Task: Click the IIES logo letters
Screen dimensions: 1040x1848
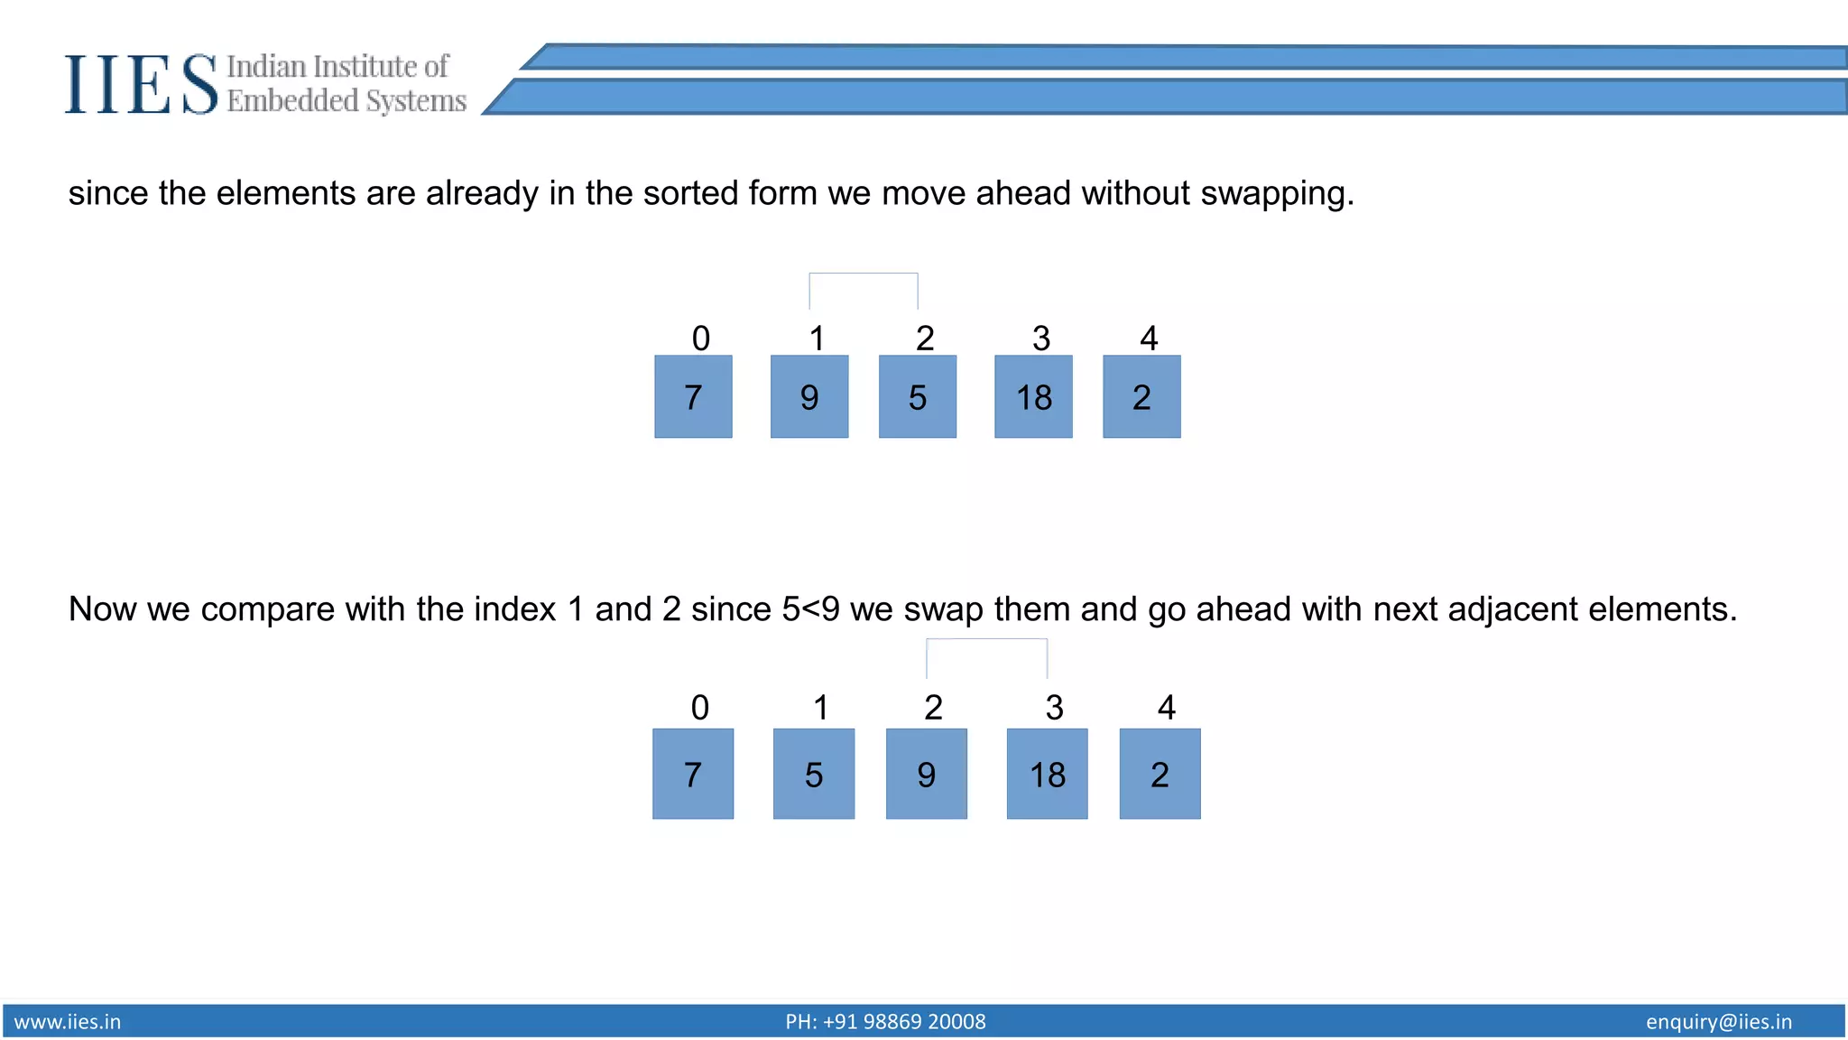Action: click(x=141, y=84)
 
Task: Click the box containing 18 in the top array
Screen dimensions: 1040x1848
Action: click(x=1033, y=397)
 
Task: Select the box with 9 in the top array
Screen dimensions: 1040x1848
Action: click(x=809, y=397)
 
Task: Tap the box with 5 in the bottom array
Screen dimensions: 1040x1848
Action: click(x=814, y=775)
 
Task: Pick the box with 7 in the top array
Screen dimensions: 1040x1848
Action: click(x=693, y=397)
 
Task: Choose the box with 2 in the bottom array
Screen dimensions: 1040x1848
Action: click(x=1160, y=775)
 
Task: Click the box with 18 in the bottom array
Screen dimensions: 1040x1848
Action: click(x=1047, y=775)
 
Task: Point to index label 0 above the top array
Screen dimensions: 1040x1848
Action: click(x=701, y=339)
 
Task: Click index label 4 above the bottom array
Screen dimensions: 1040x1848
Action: click(x=1167, y=707)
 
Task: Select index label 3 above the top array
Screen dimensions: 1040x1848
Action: click(x=1041, y=339)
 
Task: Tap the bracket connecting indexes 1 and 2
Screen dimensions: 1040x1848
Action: click(x=864, y=274)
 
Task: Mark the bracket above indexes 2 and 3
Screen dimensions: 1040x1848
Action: click(x=986, y=640)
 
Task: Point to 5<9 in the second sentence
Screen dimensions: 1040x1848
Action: click(x=810, y=609)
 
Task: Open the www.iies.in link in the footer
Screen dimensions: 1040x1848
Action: click(x=68, y=1022)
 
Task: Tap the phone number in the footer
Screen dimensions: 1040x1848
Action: click(x=885, y=1022)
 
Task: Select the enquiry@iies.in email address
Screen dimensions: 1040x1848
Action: click(x=1718, y=1022)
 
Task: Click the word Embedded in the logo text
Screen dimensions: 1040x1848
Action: click(x=292, y=101)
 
